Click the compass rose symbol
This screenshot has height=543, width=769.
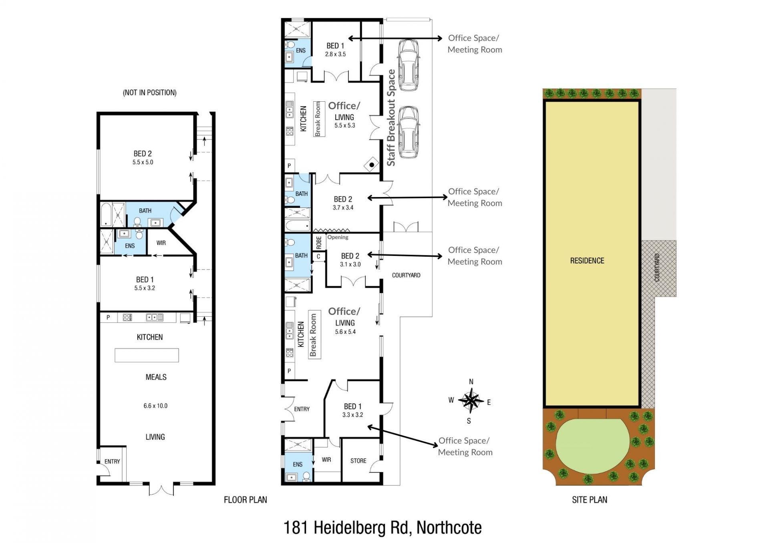click(471, 400)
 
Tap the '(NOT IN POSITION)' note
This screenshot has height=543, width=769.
click(149, 93)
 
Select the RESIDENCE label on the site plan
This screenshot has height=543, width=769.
click(587, 261)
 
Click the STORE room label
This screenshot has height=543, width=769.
click(358, 461)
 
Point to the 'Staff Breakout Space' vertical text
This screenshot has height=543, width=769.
click(391, 118)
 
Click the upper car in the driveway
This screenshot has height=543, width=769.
click(409, 65)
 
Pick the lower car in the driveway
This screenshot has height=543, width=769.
click(409, 132)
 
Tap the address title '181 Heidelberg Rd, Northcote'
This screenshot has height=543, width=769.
click(382, 527)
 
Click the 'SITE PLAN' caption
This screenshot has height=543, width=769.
click(589, 500)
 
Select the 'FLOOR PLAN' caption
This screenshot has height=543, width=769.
click(245, 500)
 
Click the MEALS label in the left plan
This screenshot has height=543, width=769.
click(156, 377)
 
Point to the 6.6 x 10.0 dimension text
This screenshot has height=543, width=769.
click(155, 406)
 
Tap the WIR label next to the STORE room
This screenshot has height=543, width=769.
click(326, 460)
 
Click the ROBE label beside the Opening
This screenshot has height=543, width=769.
click(319, 242)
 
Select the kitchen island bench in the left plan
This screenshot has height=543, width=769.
click(147, 355)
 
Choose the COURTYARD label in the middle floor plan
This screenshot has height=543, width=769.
click(406, 275)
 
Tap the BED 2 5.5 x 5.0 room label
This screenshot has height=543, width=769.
click(143, 157)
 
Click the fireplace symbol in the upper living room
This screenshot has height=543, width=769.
click(372, 165)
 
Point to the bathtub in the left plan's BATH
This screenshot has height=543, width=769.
click(106, 215)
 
